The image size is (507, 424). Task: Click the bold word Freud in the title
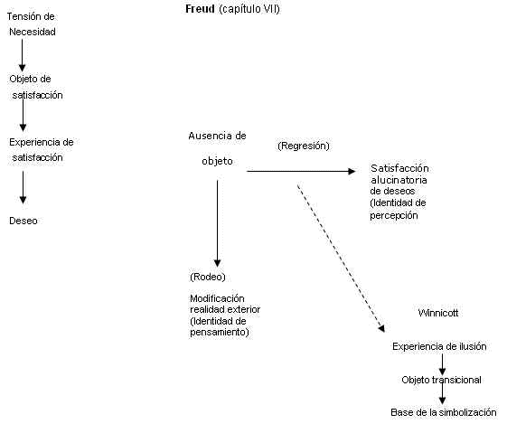tap(200, 9)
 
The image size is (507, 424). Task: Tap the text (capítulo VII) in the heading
tap(249, 9)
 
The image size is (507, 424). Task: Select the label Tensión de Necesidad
tap(32, 24)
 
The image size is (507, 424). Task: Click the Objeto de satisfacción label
tap(36, 87)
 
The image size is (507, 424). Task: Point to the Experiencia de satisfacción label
tap(41, 150)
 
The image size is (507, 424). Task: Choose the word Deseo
tap(23, 221)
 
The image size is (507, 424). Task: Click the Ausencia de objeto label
tap(217, 148)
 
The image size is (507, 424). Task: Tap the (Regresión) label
tap(304, 146)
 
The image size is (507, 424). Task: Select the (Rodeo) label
tap(208, 277)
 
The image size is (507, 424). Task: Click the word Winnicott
tap(438, 313)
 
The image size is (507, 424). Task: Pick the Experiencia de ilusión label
tap(439, 346)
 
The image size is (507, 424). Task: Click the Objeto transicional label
tap(441, 380)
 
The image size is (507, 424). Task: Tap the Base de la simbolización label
tap(444, 412)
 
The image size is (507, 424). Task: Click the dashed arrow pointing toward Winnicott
tap(341, 258)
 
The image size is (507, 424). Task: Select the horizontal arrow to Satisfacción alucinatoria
tap(301, 171)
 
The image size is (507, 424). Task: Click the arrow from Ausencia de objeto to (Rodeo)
tap(217, 224)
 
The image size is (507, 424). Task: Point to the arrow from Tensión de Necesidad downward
tap(22, 55)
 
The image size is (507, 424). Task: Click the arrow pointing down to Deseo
tap(23, 187)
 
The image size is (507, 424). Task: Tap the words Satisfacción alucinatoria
tap(399, 174)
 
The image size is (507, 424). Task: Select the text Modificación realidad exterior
tap(225, 304)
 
